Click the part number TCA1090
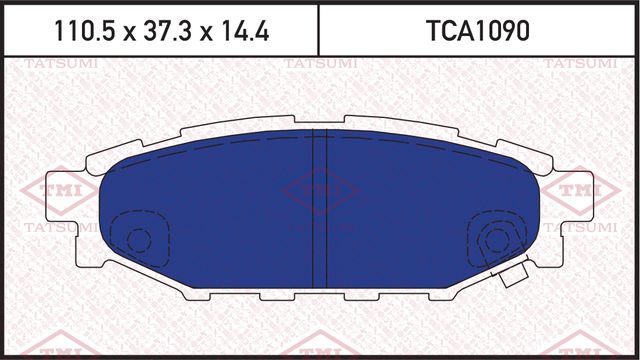tap(477, 31)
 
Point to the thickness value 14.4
tap(248, 31)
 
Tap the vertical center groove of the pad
tap(320, 210)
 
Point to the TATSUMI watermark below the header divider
tap(316, 65)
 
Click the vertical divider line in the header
tap(318, 31)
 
